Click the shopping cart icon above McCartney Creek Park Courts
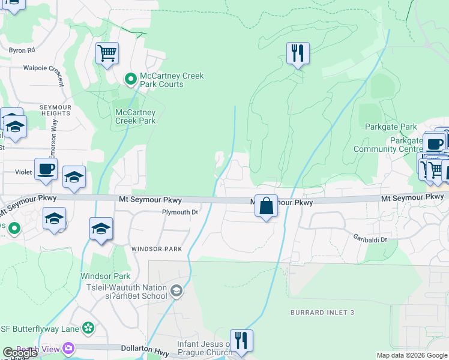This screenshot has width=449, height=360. click(x=107, y=53)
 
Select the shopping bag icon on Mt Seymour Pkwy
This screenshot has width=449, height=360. click(x=266, y=206)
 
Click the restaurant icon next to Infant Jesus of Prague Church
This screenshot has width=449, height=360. click(x=241, y=340)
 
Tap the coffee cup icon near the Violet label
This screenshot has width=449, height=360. click(x=46, y=169)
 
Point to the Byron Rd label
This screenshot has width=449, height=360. click(x=22, y=50)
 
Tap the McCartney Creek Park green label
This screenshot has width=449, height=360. click(x=136, y=116)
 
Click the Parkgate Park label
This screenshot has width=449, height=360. click(x=391, y=127)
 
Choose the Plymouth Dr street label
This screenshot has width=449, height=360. click(x=180, y=212)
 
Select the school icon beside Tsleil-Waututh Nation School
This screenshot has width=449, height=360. click(x=176, y=292)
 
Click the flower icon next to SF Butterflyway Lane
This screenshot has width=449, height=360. click(x=88, y=328)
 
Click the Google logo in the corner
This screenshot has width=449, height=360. click(x=20, y=353)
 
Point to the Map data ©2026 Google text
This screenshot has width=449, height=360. click(x=412, y=355)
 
